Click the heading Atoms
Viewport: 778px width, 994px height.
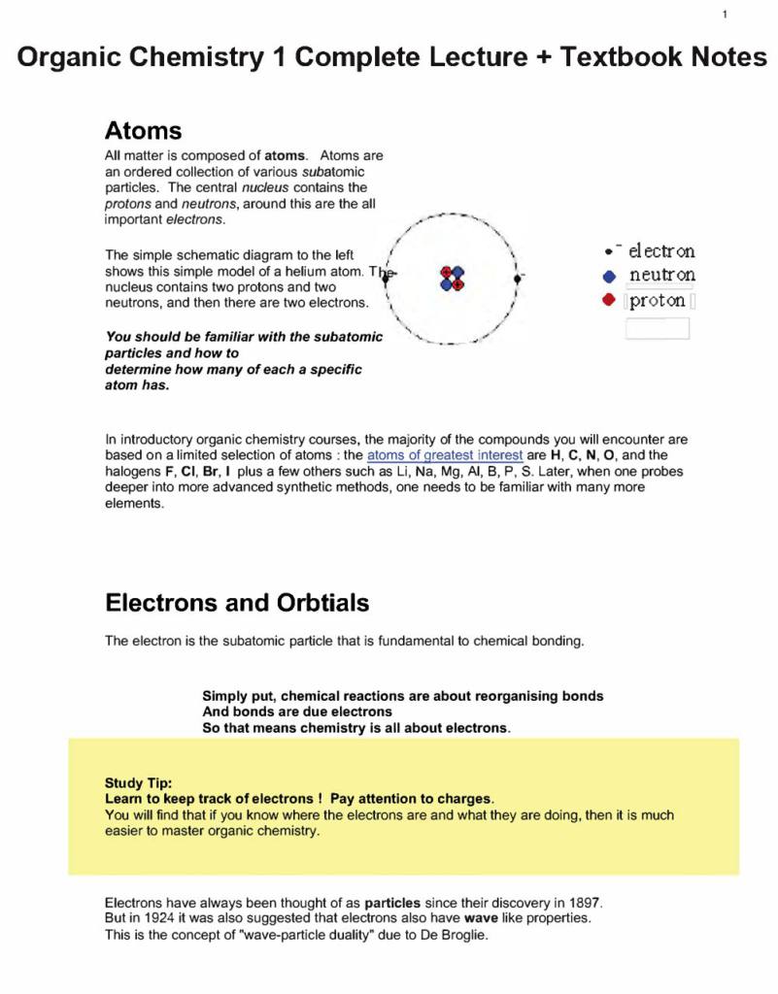(x=143, y=130)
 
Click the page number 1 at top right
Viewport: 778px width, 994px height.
(x=725, y=14)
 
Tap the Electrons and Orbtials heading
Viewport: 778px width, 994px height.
(x=237, y=603)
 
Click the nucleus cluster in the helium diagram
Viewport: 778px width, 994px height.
(x=452, y=278)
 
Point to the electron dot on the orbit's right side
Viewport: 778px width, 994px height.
(x=518, y=278)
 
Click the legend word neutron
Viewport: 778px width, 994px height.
(x=661, y=276)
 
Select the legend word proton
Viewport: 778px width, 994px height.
(x=658, y=301)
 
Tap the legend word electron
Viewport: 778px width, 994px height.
(x=660, y=251)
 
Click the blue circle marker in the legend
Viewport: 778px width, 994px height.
(x=609, y=276)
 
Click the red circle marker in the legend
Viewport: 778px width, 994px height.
(x=609, y=301)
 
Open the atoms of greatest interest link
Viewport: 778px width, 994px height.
(x=444, y=454)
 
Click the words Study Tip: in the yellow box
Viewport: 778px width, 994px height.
(x=139, y=782)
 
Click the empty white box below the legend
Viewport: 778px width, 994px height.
(x=657, y=328)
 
